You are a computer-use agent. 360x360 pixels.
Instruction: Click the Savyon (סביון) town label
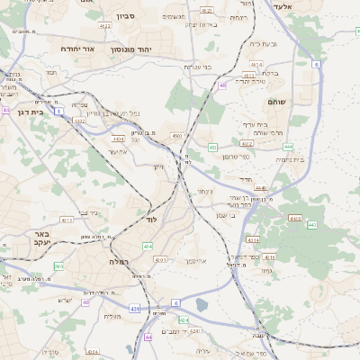[x=124, y=15]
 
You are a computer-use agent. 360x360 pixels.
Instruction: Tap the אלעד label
[x=308, y=6]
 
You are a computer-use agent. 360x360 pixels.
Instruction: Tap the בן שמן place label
[x=227, y=214]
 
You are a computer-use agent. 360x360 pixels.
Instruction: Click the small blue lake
[x=200, y=305]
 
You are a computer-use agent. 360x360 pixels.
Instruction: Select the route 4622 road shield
[x=105, y=27]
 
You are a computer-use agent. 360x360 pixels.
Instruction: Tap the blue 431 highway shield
[x=135, y=309]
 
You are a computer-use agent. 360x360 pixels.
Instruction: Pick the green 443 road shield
[x=311, y=224]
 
